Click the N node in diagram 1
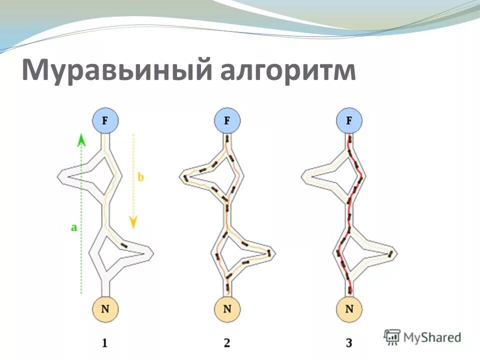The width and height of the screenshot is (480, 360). [105, 308]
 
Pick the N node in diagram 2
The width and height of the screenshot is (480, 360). [227, 308]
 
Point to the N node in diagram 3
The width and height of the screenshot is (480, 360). [349, 308]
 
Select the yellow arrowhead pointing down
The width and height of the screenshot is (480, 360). [133, 221]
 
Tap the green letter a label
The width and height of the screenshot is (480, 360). [74, 227]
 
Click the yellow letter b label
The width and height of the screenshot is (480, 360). [141, 177]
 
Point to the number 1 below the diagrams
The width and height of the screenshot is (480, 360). [104, 343]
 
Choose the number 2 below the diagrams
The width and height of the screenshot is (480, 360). [227, 343]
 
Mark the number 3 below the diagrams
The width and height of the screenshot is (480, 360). [349, 343]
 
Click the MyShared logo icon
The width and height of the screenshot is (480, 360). [392, 336]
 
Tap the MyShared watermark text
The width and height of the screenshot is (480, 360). [432, 337]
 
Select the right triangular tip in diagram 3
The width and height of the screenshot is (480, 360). [393, 252]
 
